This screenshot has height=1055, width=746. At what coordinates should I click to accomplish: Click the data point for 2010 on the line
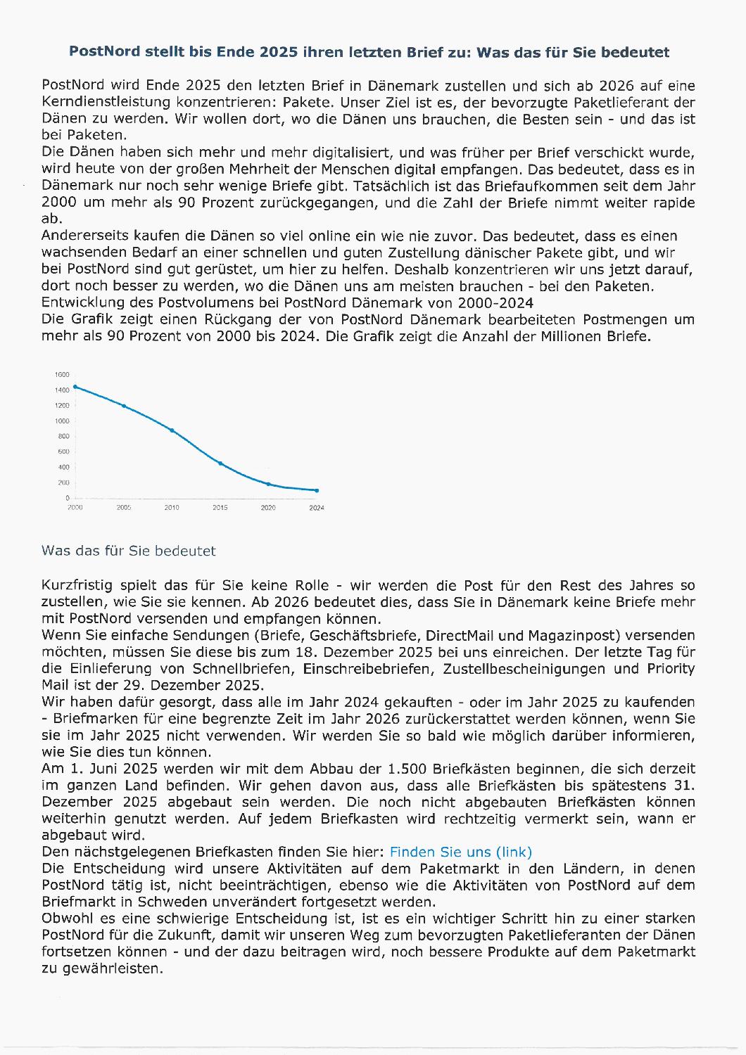pos(172,430)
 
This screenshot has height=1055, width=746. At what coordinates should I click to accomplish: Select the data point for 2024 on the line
pos(317,490)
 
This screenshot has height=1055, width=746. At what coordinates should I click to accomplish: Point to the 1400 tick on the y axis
pos(62,390)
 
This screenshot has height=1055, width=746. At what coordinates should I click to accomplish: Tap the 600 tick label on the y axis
pos(62,452)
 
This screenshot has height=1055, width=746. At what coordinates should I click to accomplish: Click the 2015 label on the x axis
pos(220,507)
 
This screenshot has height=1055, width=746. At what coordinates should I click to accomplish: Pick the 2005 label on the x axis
pos(123,507)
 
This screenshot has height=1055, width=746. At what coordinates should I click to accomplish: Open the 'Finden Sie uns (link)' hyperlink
pos(461,852)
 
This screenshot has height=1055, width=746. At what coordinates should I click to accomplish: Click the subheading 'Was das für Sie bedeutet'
pos(128,551)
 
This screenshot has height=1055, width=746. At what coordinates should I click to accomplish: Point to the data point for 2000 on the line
pos(75,386)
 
